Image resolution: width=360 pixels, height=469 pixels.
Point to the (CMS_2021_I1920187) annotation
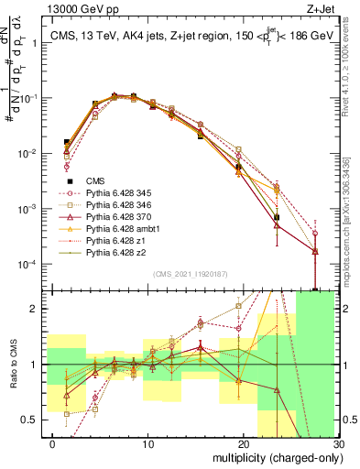pyautogui.click(x=192, y=274)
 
